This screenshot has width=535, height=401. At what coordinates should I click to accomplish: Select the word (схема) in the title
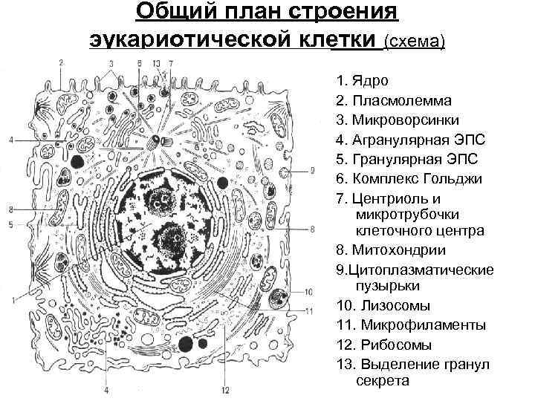(x=414, y=40)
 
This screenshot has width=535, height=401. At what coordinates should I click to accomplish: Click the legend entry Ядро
(x=370, y=79)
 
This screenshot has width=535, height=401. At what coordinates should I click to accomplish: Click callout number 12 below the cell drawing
(x=225, y=391)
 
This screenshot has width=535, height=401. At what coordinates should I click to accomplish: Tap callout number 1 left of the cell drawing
(x=13, y=299)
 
